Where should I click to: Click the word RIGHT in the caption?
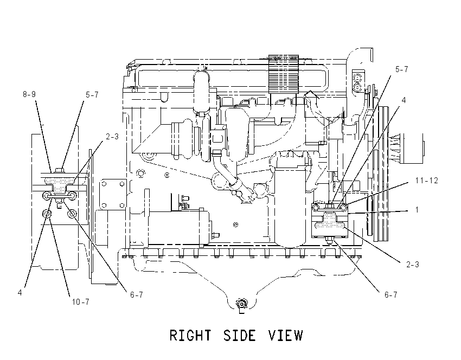pos(190,336)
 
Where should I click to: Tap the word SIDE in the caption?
pos(239,336)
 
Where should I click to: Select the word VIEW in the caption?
pos(285,336)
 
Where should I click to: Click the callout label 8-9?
pos(29,94)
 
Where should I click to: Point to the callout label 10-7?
pos(81,302)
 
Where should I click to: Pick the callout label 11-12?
pos(427,181)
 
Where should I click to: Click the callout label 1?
pos(417,210)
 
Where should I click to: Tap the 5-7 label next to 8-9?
pos(92,95)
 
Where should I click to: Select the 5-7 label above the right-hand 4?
pos(401,69)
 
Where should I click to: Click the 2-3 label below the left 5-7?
pos(112,137)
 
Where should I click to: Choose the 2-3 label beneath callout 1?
pos(413,265)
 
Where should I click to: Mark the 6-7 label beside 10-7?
pos(137,294)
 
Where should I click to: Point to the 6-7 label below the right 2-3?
pos(391,294)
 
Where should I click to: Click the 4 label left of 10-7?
pos(20,293)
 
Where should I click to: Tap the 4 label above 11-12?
pos(404,100)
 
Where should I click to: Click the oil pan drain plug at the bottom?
pos(242,304)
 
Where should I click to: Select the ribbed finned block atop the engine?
pos(284,74)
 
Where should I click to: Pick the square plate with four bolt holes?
pos(113,194)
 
